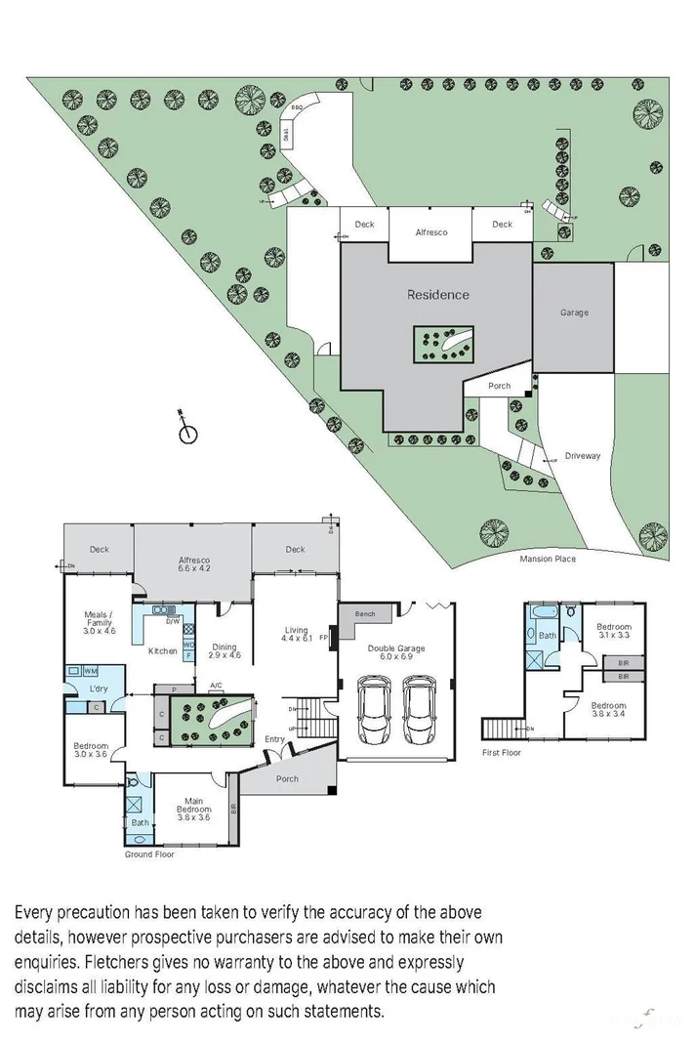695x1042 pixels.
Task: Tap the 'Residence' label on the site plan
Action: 437,295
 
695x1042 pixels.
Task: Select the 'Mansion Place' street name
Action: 548,560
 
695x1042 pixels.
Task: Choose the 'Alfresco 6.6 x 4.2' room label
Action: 193,563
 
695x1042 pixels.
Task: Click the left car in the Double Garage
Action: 374,710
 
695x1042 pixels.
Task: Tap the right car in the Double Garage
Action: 420,710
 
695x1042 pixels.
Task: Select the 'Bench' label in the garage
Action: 365,614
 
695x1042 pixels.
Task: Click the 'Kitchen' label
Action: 162,650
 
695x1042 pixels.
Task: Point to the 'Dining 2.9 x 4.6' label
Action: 225,650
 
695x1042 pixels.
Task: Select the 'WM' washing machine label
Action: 90,671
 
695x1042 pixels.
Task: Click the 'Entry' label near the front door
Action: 275,739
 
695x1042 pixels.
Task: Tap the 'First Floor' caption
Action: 502,753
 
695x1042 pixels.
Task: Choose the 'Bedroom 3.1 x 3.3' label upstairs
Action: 614,631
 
